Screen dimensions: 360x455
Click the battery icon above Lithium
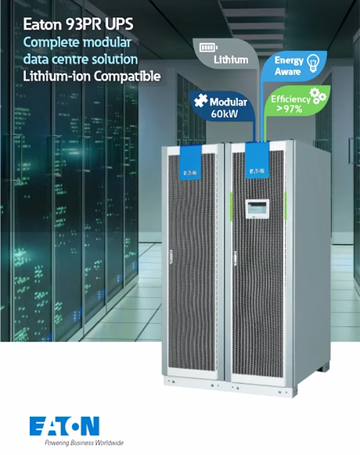[x=209, y=48]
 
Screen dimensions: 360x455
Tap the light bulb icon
[x=314, y=63]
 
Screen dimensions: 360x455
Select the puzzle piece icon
[x=201, y=101]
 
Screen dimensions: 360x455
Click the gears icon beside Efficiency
[x=319, y=96]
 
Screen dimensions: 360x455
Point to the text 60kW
[x=225, y=114]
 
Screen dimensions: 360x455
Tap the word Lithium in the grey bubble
[x=231, y=59]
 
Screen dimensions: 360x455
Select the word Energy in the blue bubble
[x=289, y=61]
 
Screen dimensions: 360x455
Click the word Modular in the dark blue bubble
[x=229, y=102]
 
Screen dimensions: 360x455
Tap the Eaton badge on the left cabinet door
[x=191, y=173]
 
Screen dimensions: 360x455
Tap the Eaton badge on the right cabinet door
[x=256, y=171]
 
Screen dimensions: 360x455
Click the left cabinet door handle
[x=171, y=256]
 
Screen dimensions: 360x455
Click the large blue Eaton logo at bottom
[x=64, y=426]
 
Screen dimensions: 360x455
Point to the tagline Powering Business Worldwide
[x=84, y=442]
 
